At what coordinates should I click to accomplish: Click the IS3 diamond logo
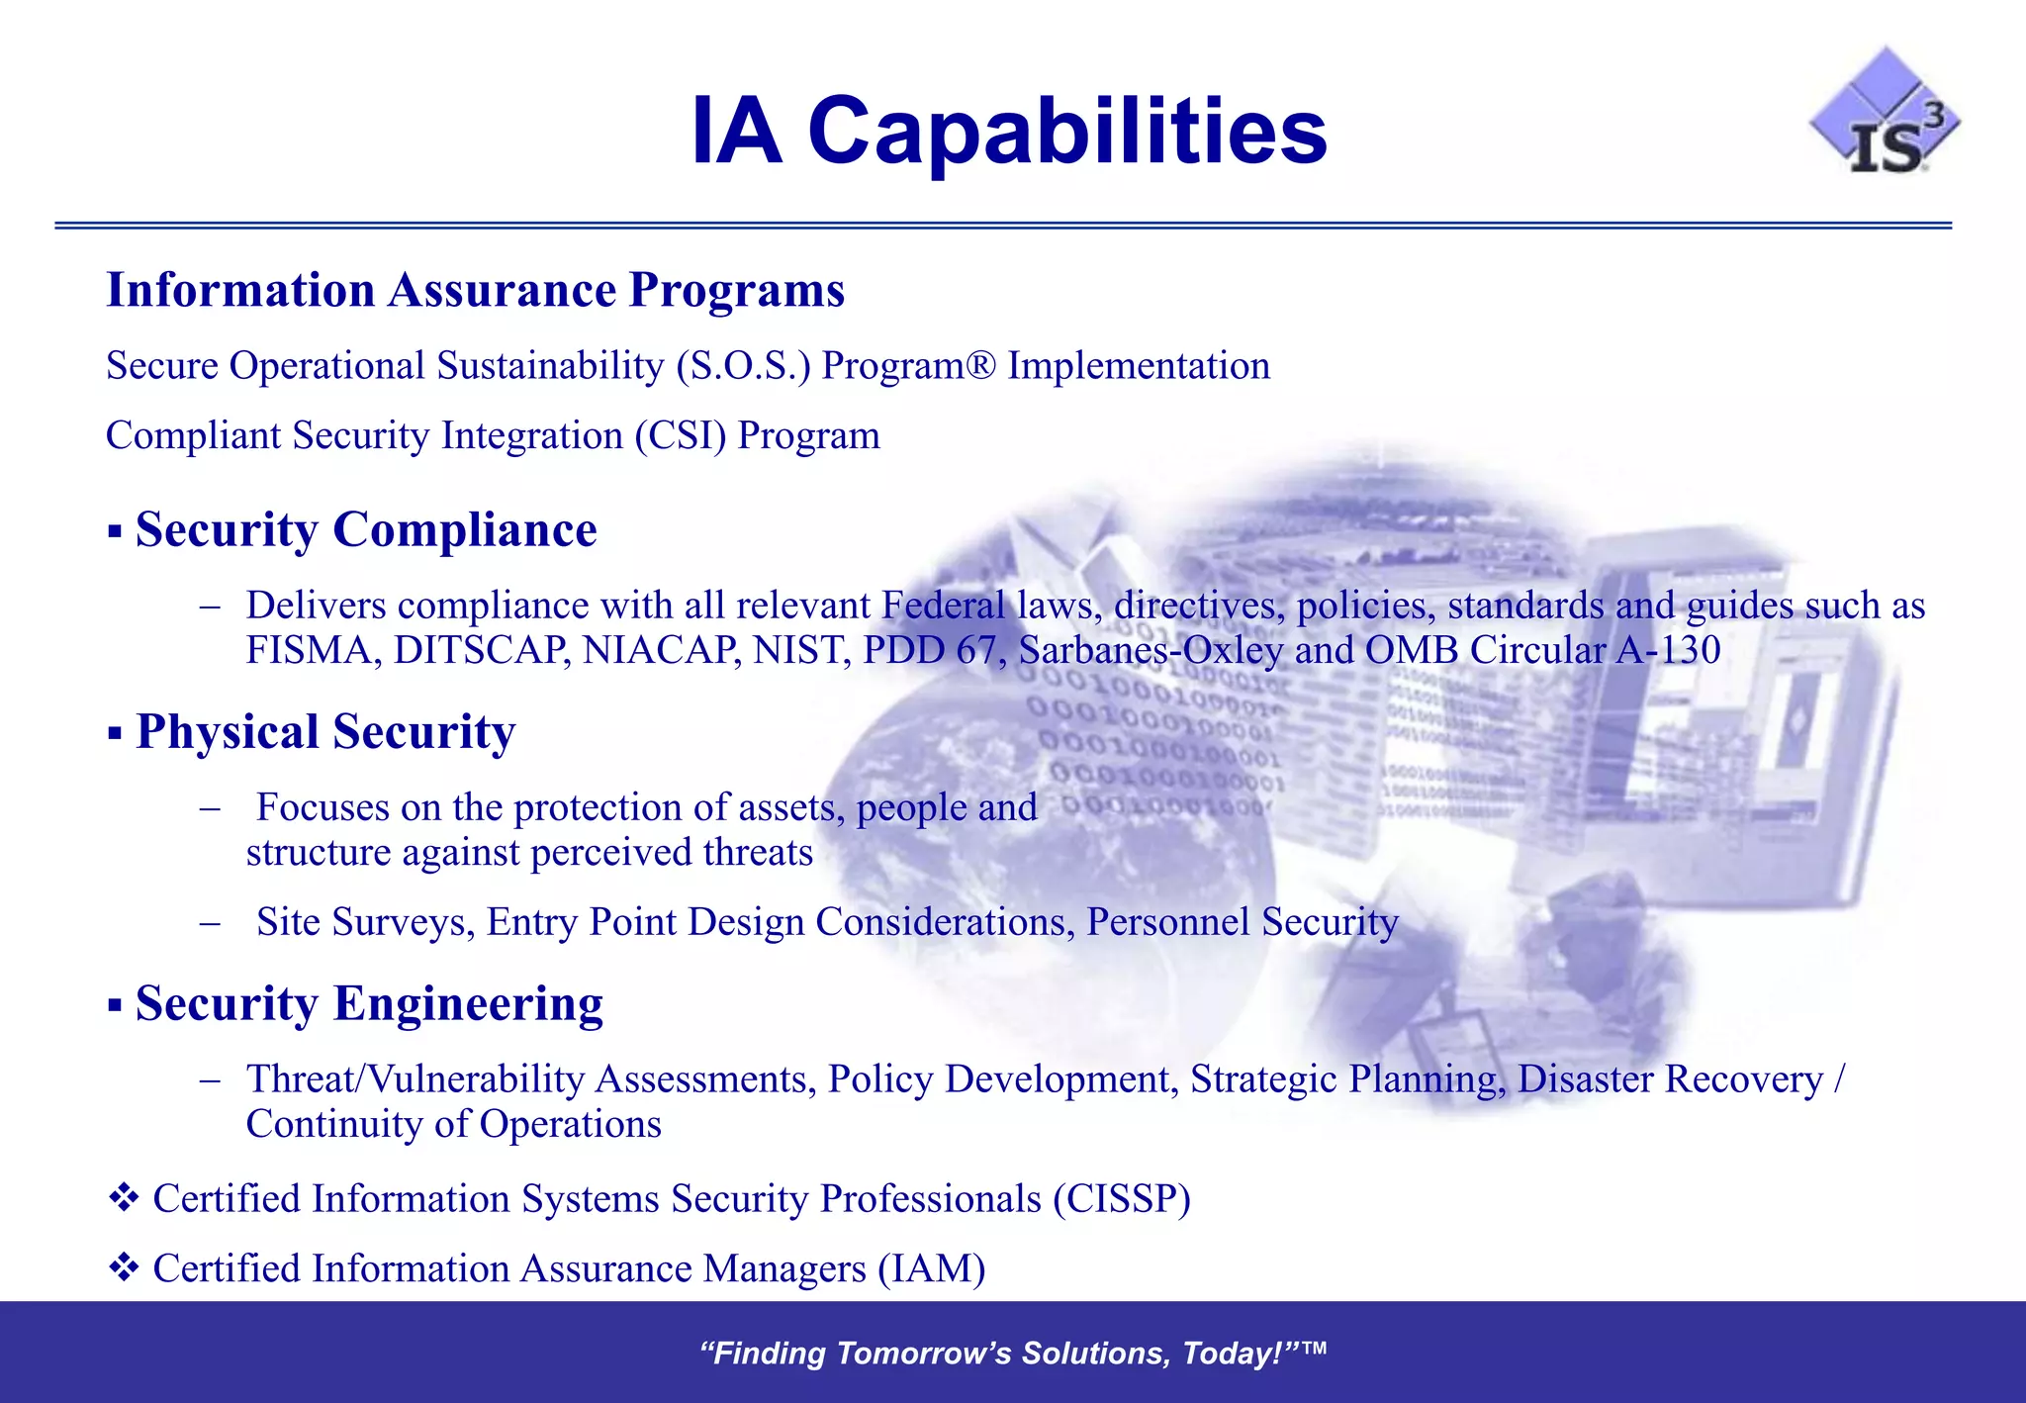pos(1885,115)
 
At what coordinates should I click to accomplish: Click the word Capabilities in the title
pos(1067,132)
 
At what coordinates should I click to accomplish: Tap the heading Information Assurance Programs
pos(475,291)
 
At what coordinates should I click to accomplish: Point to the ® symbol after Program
pos(981,363)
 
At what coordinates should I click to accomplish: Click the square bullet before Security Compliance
pos(115,533)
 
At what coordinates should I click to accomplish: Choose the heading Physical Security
pos(325,733)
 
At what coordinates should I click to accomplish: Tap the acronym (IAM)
pos(931,1269)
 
